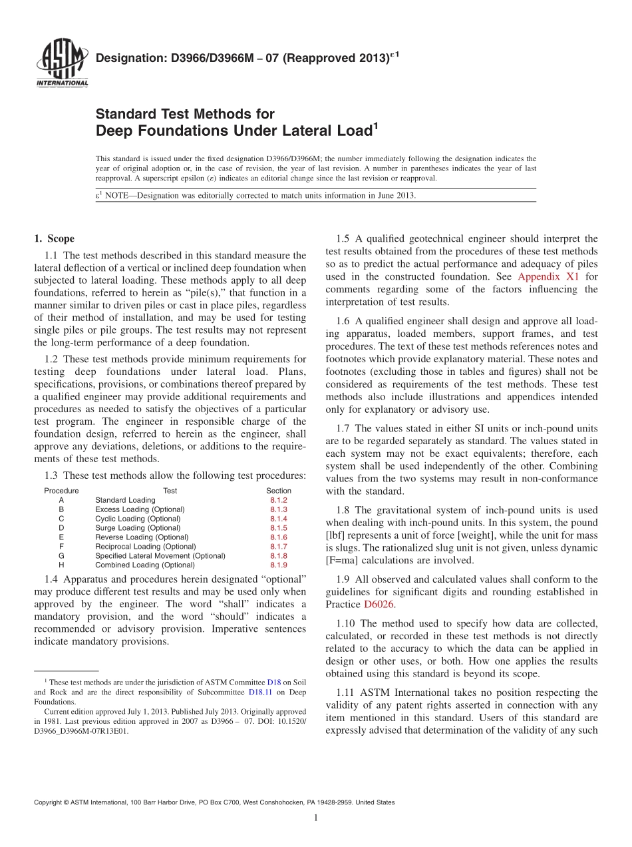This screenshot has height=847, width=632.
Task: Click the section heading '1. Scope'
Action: pos(54,239)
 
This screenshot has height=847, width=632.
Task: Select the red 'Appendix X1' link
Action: pos(549,276)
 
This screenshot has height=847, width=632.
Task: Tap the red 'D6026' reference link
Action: pos(378,605)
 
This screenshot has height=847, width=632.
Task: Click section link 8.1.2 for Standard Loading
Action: pos(278,500)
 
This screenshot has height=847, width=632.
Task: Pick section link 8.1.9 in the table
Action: pos(278,565)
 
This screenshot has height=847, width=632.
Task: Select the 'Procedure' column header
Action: pos(61,491)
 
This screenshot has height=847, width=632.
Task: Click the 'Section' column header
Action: pos(278,491)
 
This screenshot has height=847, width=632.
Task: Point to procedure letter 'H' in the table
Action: pos(61,565)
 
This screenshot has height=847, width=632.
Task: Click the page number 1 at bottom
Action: pos(315,818)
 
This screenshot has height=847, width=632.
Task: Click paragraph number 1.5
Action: pos(343,239)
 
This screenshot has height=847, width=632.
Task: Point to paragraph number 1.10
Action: pos(346,624)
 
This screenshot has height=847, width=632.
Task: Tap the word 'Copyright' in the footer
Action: pos(51,803)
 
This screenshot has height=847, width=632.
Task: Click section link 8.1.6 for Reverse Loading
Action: pos(278,537)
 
